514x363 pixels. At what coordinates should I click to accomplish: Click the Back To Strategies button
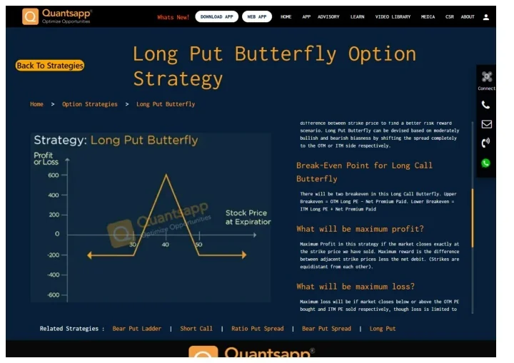(49, 66)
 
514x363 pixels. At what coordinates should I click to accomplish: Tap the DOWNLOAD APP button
(216, 16)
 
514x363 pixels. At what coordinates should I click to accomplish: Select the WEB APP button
(256, 16)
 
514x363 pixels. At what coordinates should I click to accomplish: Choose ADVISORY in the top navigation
(328, 16)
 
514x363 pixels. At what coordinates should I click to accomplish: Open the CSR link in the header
(449, 16)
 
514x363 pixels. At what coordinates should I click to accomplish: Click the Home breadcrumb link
(36, 104)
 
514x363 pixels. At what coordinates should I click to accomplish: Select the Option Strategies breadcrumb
(89, 104)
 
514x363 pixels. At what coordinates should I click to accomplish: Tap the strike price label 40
(166, 245)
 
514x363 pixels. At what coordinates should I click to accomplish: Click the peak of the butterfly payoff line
(167, 175)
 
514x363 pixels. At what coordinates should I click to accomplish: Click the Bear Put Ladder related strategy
(136, 329)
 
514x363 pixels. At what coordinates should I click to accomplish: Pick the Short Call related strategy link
(196, 329)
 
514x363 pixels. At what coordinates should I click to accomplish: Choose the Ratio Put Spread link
(257, 329)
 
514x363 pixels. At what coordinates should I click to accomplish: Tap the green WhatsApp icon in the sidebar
(486, 163)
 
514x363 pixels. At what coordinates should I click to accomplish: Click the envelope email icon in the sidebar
(486, 124)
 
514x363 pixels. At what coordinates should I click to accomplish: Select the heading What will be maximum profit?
(360, 229)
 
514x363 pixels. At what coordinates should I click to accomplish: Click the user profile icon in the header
(487, 16)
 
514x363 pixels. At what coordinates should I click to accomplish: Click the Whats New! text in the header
(173, 16)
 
